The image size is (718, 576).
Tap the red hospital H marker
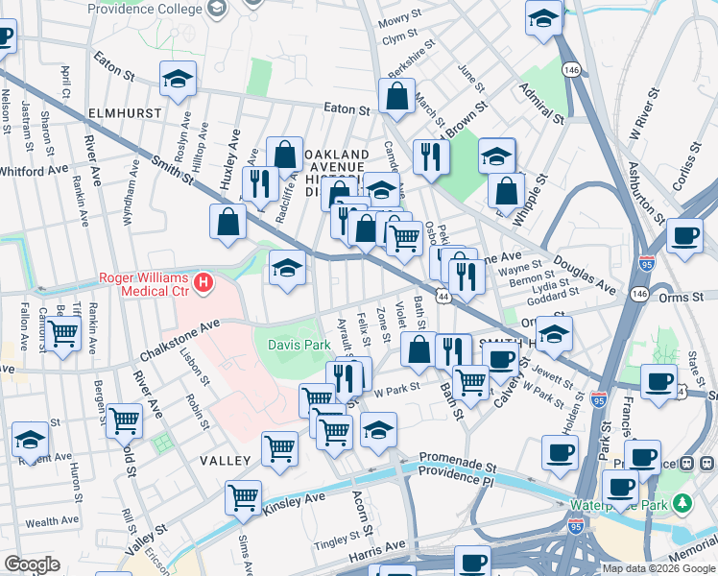203,282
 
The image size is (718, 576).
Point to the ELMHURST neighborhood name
122,112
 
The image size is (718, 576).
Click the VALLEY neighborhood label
225,461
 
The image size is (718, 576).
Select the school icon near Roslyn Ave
178,80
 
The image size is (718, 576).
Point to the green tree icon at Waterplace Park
682,503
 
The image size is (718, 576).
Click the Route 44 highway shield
443,300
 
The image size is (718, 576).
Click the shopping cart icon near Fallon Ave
62,335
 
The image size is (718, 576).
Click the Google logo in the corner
32,564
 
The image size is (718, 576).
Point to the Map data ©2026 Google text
658,568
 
